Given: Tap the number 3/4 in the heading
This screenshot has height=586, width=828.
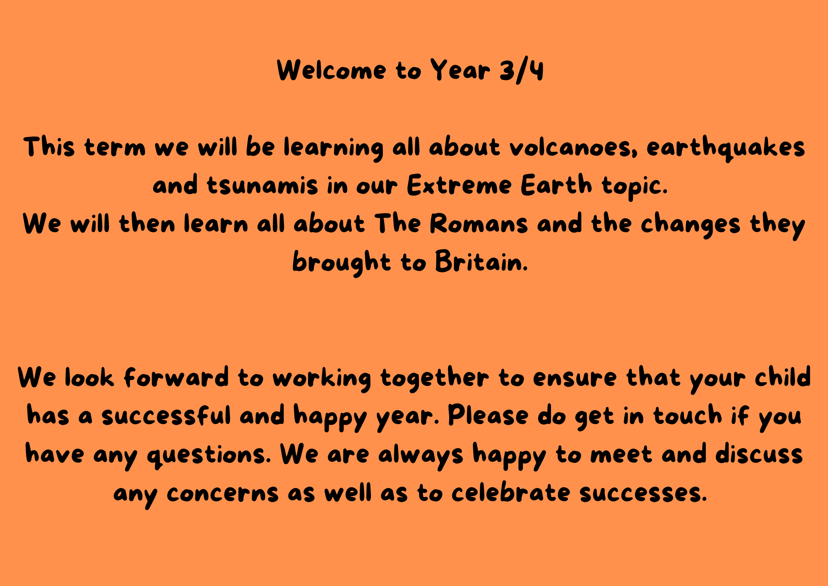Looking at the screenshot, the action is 522,70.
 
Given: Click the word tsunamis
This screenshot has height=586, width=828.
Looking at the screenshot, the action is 262,185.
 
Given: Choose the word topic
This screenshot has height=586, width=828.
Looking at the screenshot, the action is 635,186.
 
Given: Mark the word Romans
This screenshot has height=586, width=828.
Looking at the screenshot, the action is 479,224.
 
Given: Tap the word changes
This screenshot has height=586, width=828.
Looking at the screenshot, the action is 691,225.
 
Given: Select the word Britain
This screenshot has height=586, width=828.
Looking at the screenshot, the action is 481,262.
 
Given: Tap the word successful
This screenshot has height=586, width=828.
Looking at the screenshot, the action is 166,415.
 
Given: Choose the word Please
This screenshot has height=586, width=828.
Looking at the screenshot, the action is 488,415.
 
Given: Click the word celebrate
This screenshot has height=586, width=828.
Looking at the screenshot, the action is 511,492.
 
